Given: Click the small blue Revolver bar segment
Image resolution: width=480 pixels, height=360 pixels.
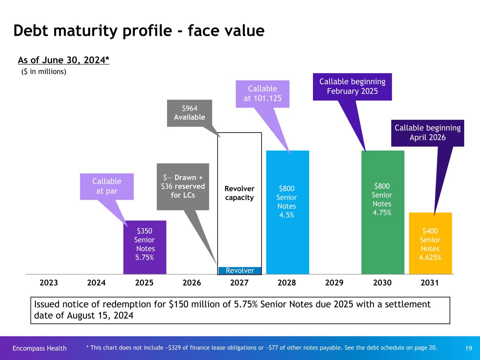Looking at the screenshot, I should (x=240, y=270).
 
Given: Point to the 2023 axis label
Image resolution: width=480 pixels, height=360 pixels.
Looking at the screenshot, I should (x=49, y=283).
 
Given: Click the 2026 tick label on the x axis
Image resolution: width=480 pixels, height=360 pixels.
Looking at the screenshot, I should (x=192, y=283).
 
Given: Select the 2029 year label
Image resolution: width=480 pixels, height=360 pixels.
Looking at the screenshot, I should (x=334, y=283).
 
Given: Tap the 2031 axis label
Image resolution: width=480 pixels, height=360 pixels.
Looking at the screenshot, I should (x=430, y=283).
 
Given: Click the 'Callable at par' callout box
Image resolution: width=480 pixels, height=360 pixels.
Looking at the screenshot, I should (x=107, y=186).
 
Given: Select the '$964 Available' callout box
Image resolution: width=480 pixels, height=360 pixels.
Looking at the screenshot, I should (x=189, y=113).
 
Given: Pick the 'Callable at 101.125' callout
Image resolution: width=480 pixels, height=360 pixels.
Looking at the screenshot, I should (x=263, y=94).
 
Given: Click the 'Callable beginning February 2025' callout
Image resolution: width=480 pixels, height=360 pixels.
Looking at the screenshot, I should (x=352, y=86).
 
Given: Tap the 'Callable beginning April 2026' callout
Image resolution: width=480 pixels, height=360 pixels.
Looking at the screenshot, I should (x=428, y=133).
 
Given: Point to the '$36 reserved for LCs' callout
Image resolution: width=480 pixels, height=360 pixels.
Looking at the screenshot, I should (x=183, y=186).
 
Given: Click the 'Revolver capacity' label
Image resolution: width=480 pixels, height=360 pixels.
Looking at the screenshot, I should (x=239, y=193).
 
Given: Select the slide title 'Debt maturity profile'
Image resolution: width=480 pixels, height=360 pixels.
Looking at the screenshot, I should (x=139, y=31).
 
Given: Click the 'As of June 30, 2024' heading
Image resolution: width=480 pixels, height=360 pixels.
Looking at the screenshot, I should (x=64, y=60).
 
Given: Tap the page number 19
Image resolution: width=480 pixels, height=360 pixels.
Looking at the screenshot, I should (x=468, y=348).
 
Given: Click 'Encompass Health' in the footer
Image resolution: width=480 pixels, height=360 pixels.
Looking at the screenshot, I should (x=39, y=348).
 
